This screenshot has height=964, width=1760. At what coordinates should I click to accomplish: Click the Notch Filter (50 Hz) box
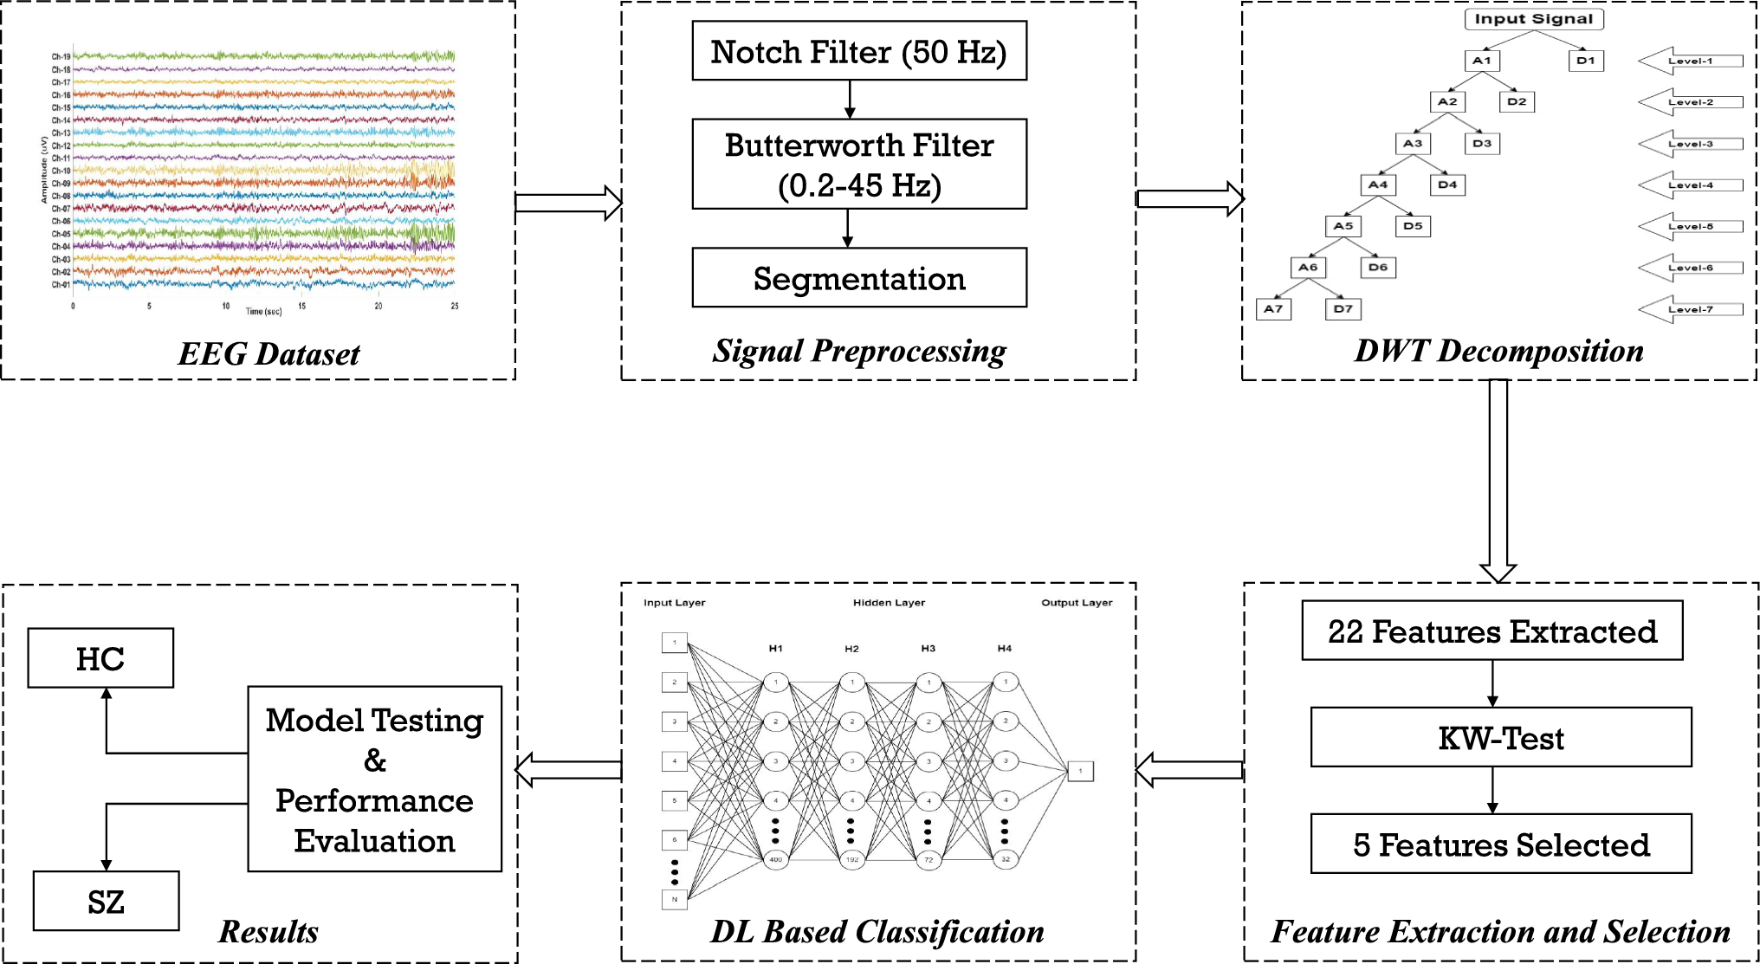tap(859, 51)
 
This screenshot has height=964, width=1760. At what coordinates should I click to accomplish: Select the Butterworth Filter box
tap(859, 165)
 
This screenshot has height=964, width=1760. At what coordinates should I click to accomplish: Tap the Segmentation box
tap(859, 278)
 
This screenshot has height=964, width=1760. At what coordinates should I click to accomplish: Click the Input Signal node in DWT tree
tap(1534, 19)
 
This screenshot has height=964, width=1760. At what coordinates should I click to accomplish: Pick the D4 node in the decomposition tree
tap(1447, 184)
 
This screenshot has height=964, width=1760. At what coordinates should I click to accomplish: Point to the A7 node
tap(1273, 308)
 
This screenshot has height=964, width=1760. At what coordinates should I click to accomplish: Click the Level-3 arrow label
tap(1691, 144)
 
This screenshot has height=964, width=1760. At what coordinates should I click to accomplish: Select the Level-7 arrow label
tap(1691, 309)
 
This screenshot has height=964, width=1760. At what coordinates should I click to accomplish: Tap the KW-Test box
tap(1501, 738)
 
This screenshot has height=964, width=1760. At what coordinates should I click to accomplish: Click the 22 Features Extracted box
tap(1492, 631)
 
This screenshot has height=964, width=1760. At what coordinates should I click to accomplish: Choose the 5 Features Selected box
tap(1501, 844)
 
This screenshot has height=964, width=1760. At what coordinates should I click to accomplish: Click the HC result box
tap(100, 659)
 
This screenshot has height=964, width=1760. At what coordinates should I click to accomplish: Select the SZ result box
tap(106, 902)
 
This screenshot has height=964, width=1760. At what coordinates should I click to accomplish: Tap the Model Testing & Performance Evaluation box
tap(374, 780)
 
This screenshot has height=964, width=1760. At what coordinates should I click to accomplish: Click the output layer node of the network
tap(1080, 771)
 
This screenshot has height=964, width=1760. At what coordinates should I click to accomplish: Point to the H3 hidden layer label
tap(928, 649)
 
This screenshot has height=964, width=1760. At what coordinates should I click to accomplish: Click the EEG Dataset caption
tap(269, 353)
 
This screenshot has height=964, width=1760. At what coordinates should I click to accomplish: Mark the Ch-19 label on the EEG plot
tap(61, 57)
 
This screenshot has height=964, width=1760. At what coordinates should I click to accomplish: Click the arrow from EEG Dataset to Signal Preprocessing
tap(568, 204)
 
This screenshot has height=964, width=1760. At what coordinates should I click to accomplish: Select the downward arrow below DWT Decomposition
tap(1498, 481)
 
